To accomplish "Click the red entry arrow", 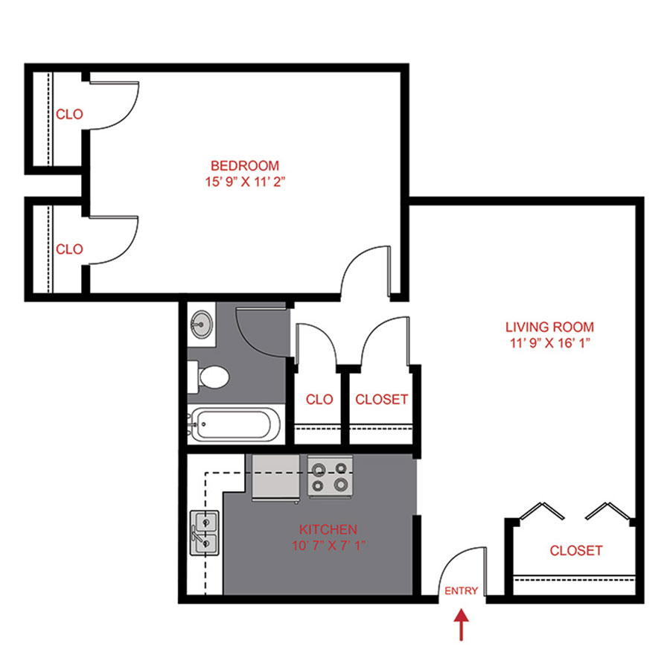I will (x=462, y=624).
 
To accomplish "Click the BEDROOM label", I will (x=245, y=165).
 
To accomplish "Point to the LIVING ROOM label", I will (x=549, y=327).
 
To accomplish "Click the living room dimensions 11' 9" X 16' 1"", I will (x=549, y=343).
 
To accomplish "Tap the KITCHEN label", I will (x=328, y=529).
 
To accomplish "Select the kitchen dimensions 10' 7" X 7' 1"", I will (x=328, y=545).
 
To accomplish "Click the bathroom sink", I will (x=201, y=324).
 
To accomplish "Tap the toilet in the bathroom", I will (x=211, y=377).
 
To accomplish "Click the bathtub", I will (x=234, y=426).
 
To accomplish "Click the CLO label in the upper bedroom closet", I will (x=70, y=115).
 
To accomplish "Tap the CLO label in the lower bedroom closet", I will (x=70, y=249).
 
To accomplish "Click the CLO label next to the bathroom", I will (x=319, y=399).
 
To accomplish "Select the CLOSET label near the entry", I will (x=575, y=551).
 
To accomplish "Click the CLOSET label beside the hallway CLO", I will (x=381, y=399).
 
